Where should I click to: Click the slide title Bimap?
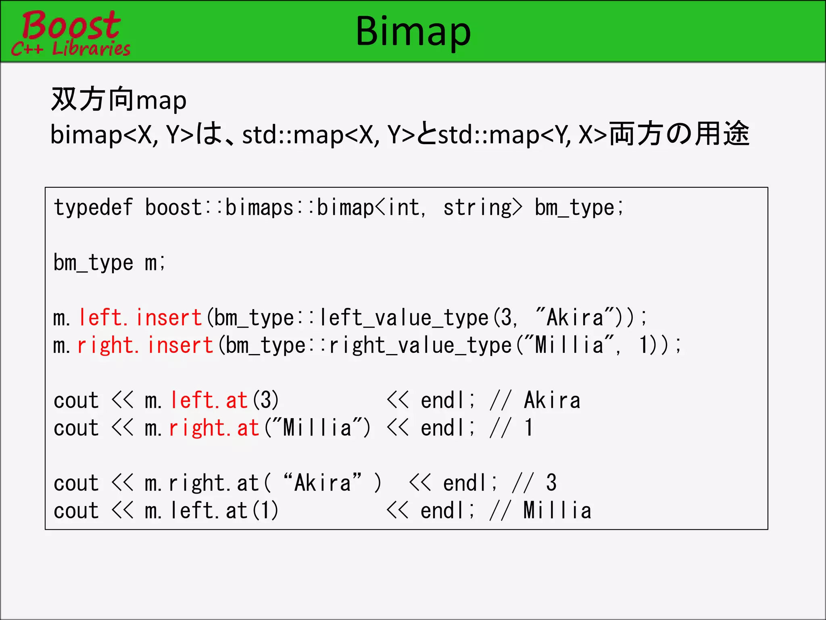point(413,31)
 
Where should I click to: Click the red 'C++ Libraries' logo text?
point(71,49)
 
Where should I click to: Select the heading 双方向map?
point(119,100)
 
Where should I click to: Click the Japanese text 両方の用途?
point(679,134)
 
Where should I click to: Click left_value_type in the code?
point(404,318)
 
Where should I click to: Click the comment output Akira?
point(552,400)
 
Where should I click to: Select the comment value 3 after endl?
point(551,483)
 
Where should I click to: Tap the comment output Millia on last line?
point(557,511)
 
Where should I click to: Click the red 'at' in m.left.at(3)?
point(236,400)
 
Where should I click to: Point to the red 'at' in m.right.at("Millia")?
point(248,428)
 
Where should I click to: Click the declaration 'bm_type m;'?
point(109,263)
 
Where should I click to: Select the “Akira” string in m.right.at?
point(322,483)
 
